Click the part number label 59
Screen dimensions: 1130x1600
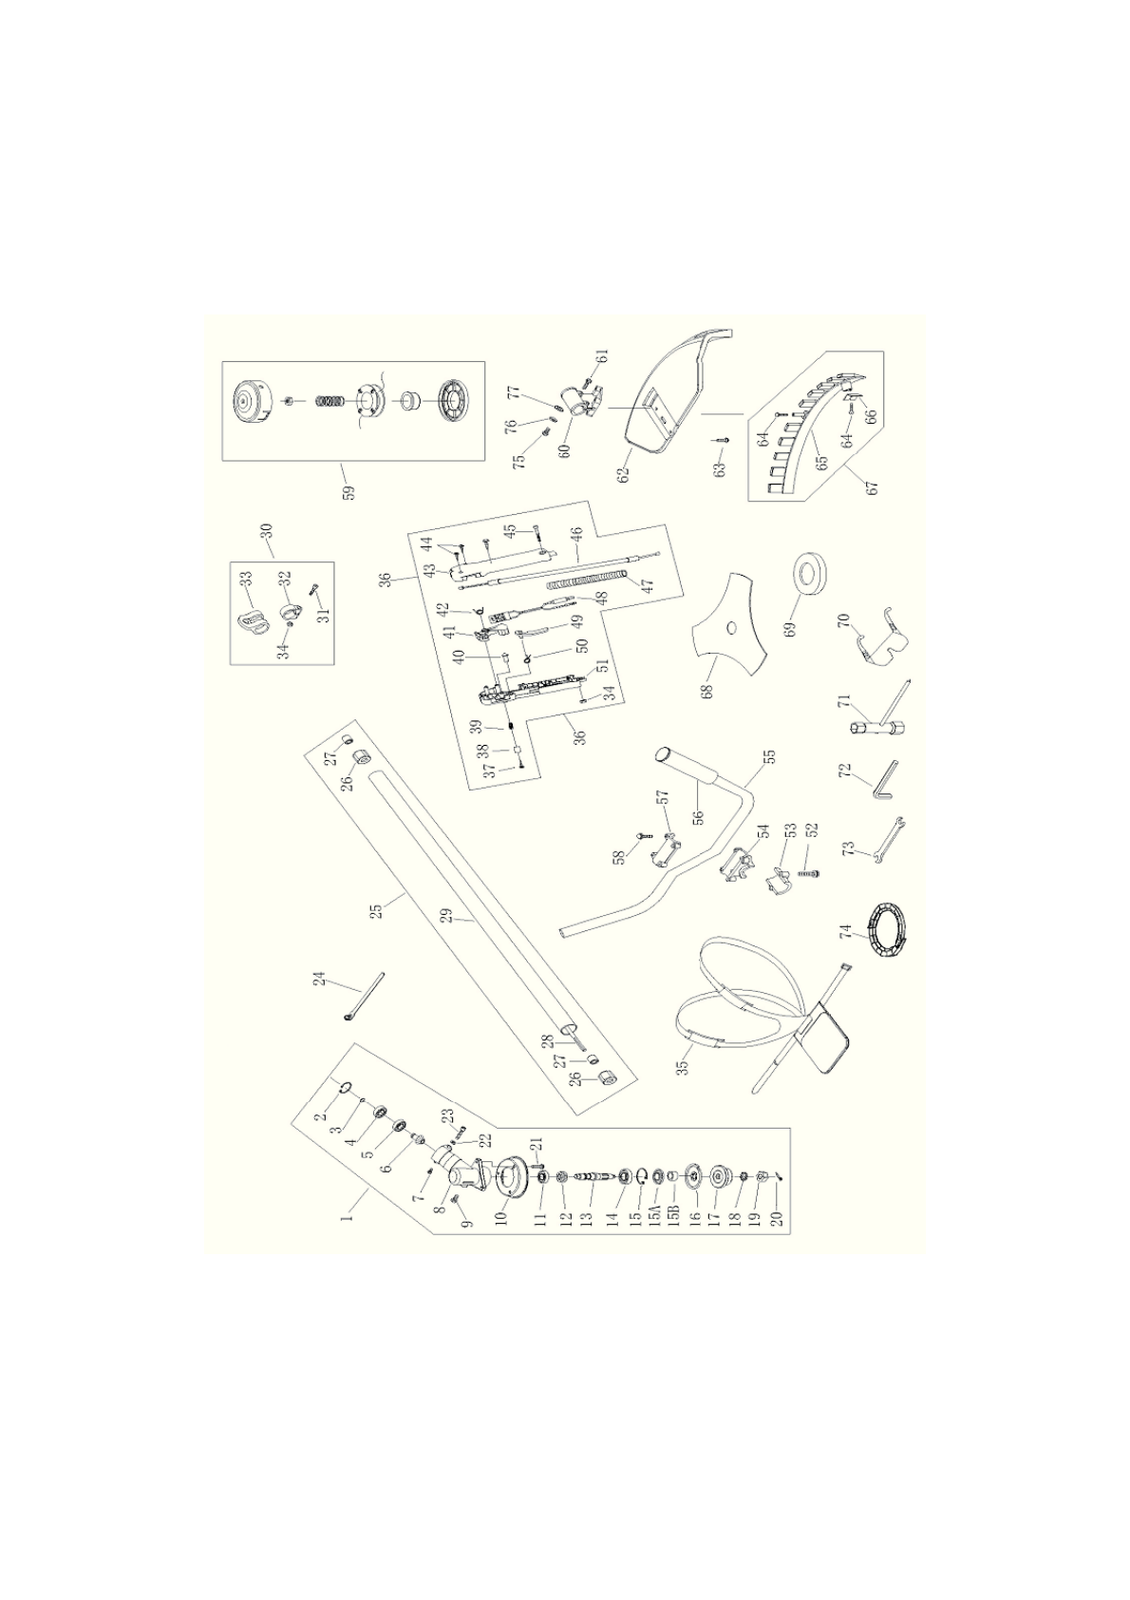(349, 493)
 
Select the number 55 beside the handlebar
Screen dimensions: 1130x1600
(769, 758)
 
